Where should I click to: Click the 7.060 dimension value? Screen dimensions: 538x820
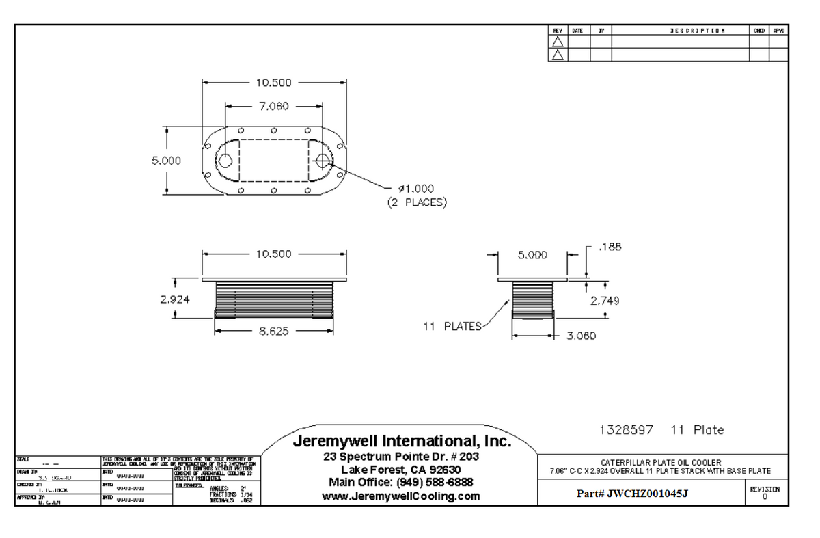(x=273, y=107)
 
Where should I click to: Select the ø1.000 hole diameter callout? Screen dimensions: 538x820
(x=415, y=189)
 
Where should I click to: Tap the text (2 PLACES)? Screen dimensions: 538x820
(x=417, y=202)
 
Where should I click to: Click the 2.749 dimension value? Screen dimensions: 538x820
(x=605, y=301)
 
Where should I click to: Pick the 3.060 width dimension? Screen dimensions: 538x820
(x=581, y=336)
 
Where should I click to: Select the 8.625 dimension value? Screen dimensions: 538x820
(x=273, y=331)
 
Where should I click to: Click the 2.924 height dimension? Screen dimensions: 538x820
(x=175, y=299)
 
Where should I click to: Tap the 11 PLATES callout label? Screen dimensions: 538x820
(x=453, y=326)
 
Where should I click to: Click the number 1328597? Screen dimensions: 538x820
(x=626, y=430)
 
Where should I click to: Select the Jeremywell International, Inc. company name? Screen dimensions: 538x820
(x=402, y=442)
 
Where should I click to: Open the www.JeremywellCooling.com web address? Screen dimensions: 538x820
(x=402, y=496)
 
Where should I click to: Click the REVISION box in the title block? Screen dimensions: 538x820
(x=765, y=492)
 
